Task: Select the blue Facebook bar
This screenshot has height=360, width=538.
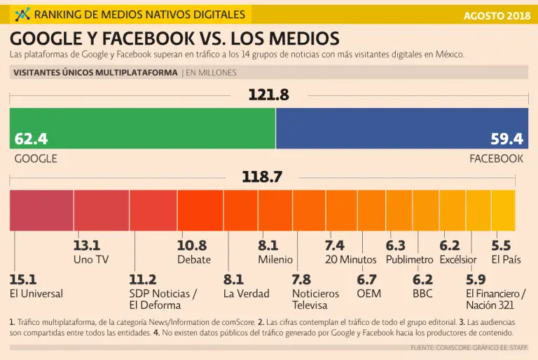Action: pos(402,128)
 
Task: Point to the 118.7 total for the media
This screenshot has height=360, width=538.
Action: pos(262,178)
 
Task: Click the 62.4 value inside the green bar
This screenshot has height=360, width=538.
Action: pos(31,139)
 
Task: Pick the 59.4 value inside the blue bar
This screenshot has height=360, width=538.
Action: pos(507,139)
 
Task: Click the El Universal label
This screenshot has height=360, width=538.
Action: pos(36,294)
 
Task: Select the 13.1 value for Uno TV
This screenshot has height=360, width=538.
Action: pos(87,246)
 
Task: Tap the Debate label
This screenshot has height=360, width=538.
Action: pos(193,260)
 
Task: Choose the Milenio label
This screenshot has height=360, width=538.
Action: pos(275,260)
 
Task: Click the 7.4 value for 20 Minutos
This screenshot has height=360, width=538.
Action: pos(335,246)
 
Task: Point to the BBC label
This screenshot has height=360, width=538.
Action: pos(422,294)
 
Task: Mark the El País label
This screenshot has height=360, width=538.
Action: pos(505,260)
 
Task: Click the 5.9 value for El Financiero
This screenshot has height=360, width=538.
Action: pos(476,279)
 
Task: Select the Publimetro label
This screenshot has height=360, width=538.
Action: pos(410,260)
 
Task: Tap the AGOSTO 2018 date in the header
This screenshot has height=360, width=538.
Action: pos(496,15)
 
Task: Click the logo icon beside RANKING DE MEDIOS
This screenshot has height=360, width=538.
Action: pos(22,14)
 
